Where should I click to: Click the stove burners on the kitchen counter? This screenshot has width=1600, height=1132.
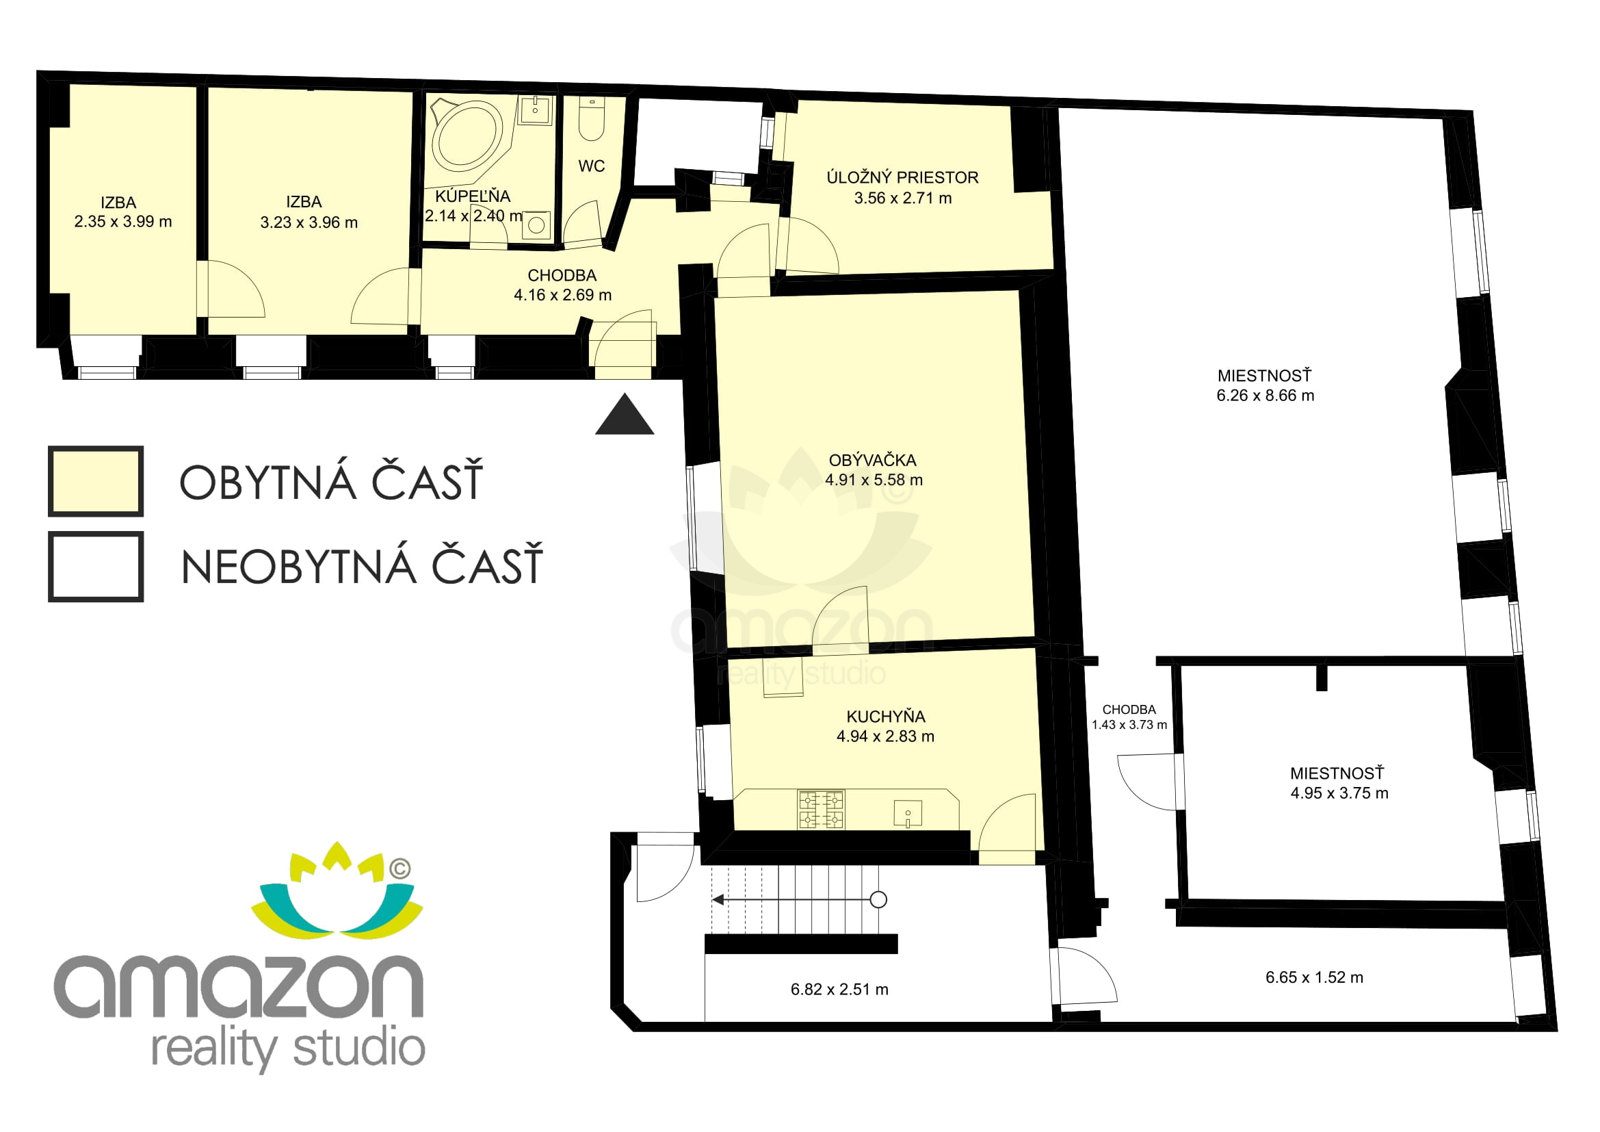point(821,809)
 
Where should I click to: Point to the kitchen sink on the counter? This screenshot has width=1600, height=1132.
point(908,814)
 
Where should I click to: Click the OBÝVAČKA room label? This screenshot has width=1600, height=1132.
point(872,460)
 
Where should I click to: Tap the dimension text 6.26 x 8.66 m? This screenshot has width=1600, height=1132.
point(1265,396)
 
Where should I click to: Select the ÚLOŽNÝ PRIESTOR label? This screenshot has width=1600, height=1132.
point(902,178)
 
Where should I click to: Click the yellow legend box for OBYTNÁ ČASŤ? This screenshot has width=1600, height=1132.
point(96,481)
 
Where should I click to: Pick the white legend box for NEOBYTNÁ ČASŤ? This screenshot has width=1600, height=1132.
point(96,567)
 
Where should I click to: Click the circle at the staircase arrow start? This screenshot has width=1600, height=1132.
point(879,900)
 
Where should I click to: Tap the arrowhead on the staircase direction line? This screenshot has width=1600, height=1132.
point(716,901)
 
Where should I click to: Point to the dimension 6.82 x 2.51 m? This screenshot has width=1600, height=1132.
point(839,990)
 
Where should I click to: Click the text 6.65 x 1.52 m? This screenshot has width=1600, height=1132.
point(1314,977)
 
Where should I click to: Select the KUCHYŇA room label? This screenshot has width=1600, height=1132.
point(886,717)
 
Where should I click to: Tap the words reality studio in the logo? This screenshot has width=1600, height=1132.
point(289,1049)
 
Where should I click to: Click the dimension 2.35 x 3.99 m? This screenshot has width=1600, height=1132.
point(122,222)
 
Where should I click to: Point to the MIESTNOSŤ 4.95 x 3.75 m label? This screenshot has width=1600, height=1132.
point(1339,784)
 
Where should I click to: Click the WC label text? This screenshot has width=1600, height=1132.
point(592,166)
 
